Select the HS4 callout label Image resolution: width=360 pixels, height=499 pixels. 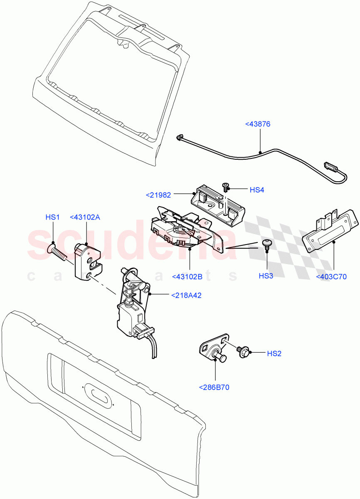pos(257,190)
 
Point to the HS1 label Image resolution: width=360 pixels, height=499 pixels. pos(53,217)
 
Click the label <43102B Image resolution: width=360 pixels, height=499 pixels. pos(189,276)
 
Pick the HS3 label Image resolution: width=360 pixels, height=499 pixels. pos(266,276)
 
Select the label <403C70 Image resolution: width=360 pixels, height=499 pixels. pos(331,277)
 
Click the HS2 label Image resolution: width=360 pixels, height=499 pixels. pos(274,353)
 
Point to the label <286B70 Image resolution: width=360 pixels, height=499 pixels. pos(215,387)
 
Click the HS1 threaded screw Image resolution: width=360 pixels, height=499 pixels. pos(58,252)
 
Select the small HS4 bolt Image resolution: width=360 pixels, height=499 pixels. pos(226,186)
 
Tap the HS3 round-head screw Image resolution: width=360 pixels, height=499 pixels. pos(266,244)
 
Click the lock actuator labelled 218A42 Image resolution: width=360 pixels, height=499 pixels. pos(132,307)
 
